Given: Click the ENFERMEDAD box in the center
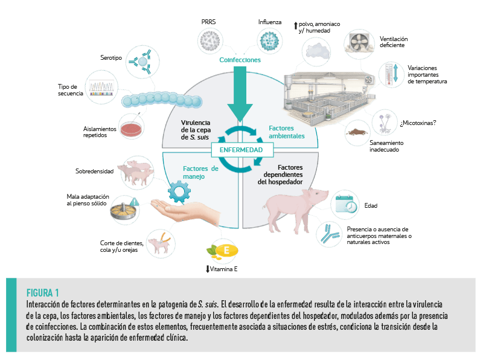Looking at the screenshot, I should (240, 149).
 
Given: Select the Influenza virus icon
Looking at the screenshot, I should (270, 42).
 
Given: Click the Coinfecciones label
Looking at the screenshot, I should (240, 60).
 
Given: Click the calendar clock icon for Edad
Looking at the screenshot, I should (347, 205).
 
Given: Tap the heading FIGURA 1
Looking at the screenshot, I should (43, 293).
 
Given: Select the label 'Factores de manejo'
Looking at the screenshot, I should (200, 173).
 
